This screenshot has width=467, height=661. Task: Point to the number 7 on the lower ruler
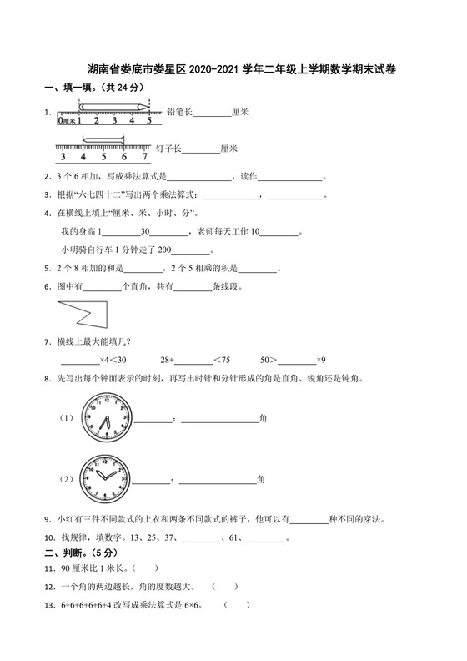[x=144, y=156]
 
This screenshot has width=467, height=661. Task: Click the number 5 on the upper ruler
[x=148, y=120]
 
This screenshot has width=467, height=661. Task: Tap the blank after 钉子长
[x=200, y=149]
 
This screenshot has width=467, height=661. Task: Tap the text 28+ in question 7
[x=166, y=359]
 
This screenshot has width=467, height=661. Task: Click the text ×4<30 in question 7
[x=113, y=359]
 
